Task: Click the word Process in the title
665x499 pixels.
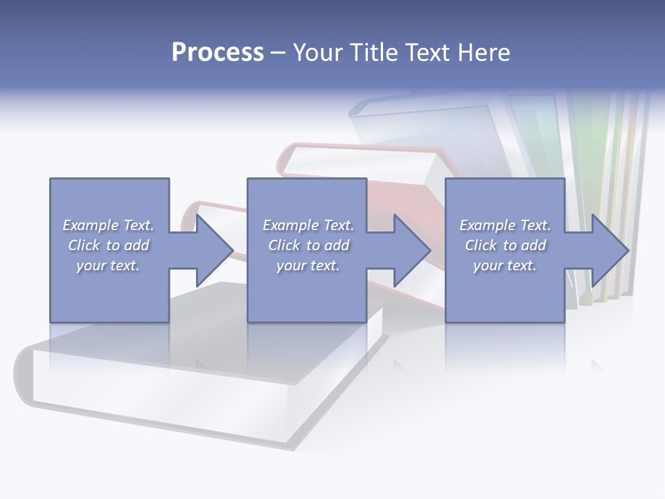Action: click(x=218, y=53)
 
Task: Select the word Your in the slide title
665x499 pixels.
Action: click(x=318, y=53)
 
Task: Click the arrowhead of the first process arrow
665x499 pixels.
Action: click(x=215, y=250)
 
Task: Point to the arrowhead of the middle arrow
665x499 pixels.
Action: click(x=413, y=250)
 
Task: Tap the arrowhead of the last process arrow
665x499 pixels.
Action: click(x=610, y=250)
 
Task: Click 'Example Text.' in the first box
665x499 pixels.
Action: click(x=108, y=225)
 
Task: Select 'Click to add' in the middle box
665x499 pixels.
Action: click(x=308, y=245)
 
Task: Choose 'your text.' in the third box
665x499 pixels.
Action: click(x=505, y=265)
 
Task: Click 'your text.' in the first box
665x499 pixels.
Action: click(x=108, y=265)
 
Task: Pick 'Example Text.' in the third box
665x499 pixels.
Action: click(x=505, y=225)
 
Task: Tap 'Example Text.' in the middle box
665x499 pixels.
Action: click(x=308, y=225)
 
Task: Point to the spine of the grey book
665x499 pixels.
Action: click(x=24, y=378)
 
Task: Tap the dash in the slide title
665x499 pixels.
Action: click(x=278, y=53)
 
